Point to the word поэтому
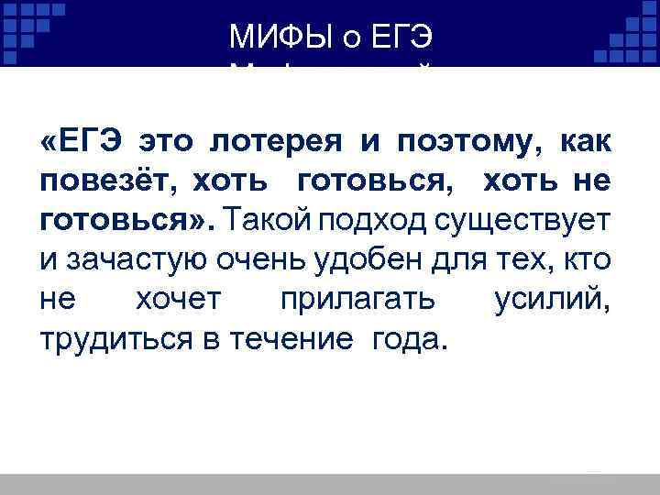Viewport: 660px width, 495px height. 466,142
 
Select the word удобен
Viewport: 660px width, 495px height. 361,260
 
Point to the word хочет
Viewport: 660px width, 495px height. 172,300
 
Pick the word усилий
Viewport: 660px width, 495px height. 555,300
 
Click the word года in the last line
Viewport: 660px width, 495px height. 410,339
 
